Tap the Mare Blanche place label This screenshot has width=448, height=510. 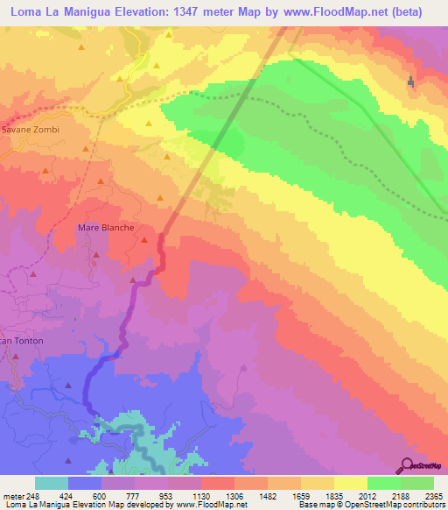tap(106, 228)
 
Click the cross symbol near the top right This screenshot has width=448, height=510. tap(411, 82)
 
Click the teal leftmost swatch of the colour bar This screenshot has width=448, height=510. tap(52, 483)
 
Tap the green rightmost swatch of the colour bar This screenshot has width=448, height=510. tap(417, 483)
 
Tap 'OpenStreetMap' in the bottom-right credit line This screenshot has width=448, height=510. tap(376, 505)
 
